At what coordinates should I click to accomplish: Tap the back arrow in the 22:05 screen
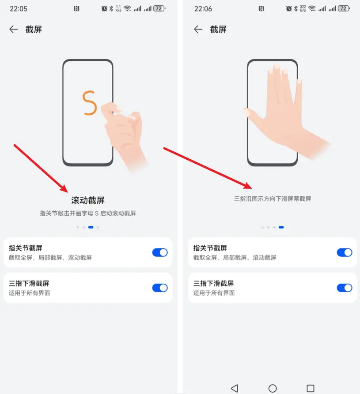(13, 29)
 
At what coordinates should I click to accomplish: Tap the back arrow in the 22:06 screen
(198, 29)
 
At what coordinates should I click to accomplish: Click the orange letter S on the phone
(90, 103)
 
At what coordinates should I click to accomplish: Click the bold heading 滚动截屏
(88, 200)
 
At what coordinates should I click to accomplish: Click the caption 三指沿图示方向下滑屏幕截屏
(273, 199)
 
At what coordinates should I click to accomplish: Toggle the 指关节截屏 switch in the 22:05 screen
(160, 252)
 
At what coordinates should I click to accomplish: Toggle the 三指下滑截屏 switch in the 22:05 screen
(160, 288)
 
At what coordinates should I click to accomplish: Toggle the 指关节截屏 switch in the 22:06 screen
(345, 252)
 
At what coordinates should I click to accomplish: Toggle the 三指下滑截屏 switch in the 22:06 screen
(345, 288)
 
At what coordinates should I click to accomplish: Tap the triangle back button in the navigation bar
(235, 388)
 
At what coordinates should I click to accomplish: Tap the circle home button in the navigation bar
(273, 388)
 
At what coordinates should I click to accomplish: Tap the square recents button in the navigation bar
(311, 388)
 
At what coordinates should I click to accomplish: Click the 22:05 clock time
(19, 8)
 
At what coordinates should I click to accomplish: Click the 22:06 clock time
(203, 8)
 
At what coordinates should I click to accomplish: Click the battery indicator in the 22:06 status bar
(344, 8)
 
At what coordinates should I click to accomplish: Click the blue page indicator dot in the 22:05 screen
(91, 227)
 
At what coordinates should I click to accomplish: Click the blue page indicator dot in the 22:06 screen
(281, 227)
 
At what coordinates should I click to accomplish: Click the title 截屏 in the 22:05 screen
(34, 29)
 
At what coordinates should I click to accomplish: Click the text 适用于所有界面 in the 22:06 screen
(214, 293)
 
